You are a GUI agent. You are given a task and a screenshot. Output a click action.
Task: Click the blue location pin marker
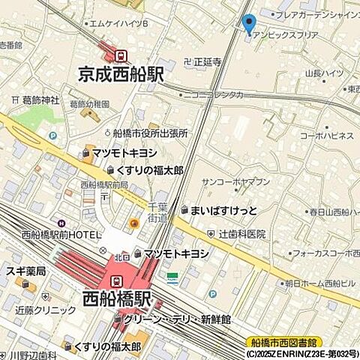[x=250, y=23]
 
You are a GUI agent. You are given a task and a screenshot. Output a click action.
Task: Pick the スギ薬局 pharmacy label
[x=25, y=271]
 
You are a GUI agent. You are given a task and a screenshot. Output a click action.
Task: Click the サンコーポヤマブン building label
[x=235, y=182]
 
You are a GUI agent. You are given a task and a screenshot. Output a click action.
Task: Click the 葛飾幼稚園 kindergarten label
[x=89, y=103]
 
